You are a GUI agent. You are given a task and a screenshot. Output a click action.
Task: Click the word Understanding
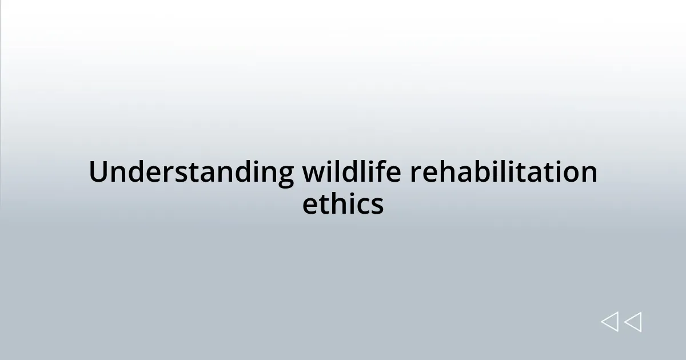[x=191, y=173]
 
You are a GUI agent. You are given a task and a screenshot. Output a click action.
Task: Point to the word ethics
[x=343, y=204]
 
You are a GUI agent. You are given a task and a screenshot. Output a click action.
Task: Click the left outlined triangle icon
[x=609, y=322]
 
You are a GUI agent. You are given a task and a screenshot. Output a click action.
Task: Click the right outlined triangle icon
[x=633, y=322]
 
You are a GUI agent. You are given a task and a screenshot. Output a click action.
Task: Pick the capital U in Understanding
[x=99, y=173]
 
